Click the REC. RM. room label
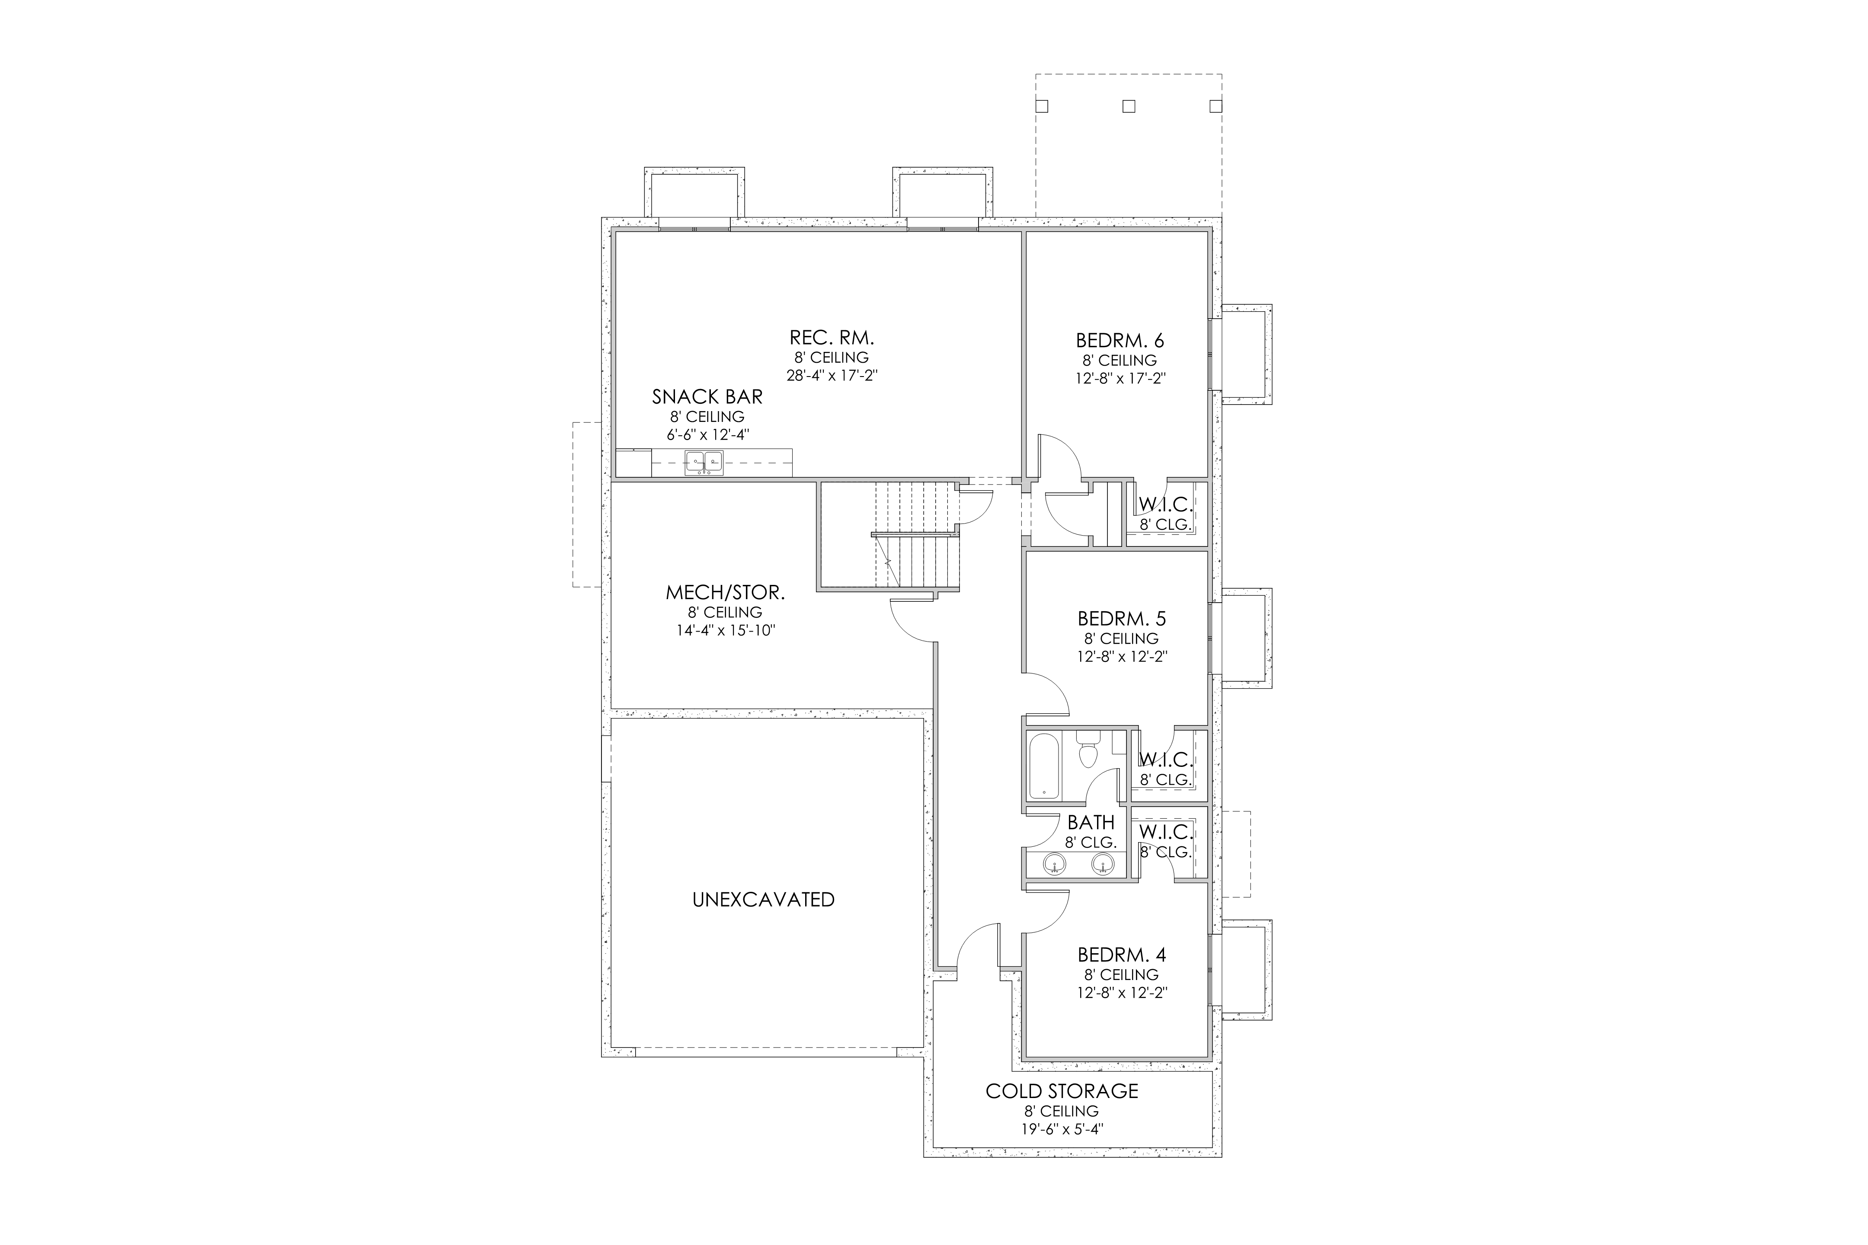pyautogui.click(x=832, y=338)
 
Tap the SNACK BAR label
pyautogui.click(x=707, y=396)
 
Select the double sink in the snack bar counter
pyautogui.click(x=704, y=462)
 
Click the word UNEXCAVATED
pyautogui.click(x=763, y=900)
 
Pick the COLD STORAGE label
pyautogui.click(x=1062, y=1091)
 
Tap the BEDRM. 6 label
pyautogui.click(x=1120, y=341)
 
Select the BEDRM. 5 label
pyautogui.click(x=1121, y=619)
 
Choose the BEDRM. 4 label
pyautogui.click(x=1121, y=954)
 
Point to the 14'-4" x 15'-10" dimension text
pyautogui.click(x=724, y=630)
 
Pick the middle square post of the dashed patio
pyautogui.click(x=1129, y=105)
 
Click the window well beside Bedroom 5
pyautogui.click(x=1246, y=638)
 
